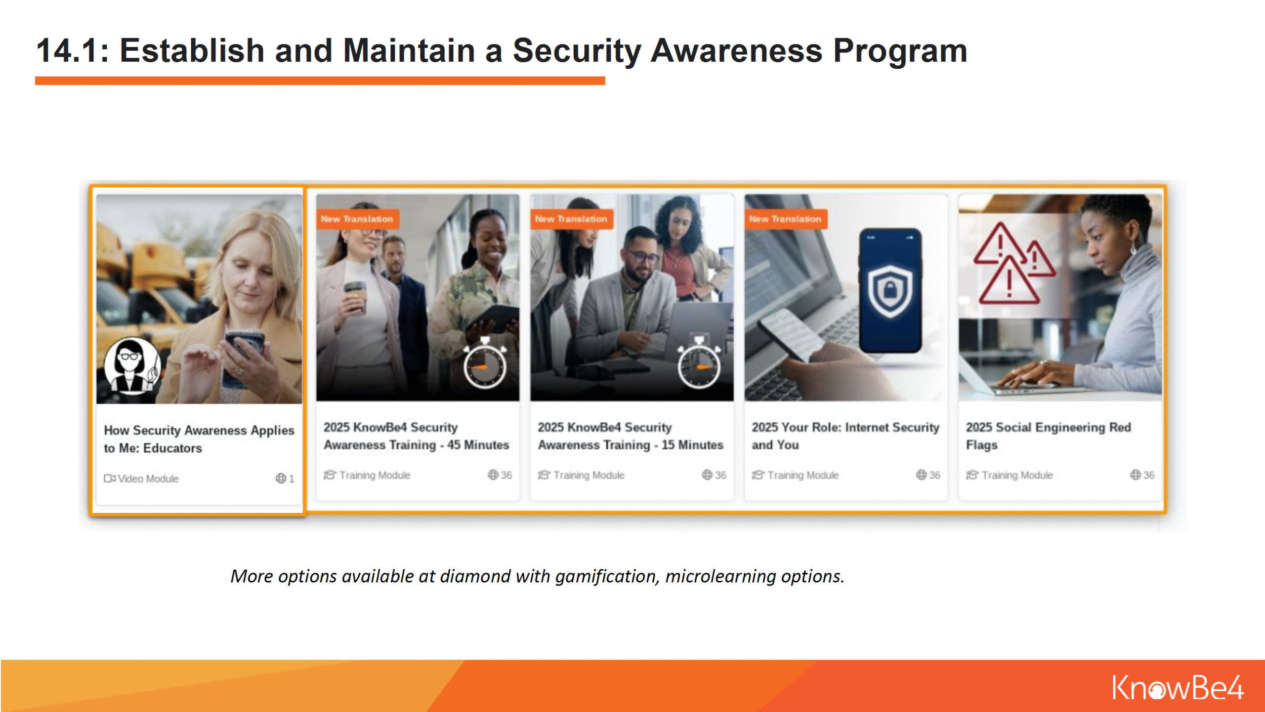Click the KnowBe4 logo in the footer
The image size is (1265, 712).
1178,687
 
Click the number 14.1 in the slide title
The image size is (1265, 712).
68,50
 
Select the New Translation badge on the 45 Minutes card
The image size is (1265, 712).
357,219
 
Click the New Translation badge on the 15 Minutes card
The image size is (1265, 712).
571,219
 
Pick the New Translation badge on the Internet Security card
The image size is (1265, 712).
785,219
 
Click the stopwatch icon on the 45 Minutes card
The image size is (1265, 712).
485,364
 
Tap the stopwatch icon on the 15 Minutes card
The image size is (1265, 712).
699,364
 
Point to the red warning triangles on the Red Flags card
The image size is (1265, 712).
1013,264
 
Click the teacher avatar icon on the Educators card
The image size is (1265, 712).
132,366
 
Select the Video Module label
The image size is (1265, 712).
141,479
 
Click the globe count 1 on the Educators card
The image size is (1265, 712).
285,479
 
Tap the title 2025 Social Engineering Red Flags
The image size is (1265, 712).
1049,436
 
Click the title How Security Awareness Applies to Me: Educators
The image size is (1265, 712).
199,439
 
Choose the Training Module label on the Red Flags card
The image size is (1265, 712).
1010,475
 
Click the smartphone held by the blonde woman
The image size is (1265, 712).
245,350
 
